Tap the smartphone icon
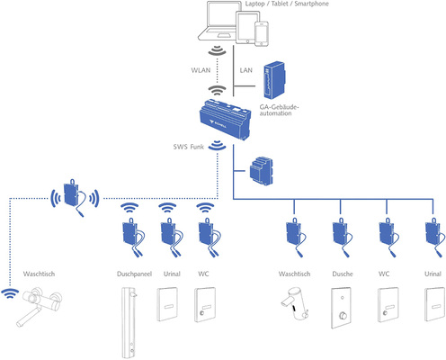(262, 33)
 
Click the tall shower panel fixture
(130, 319)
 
